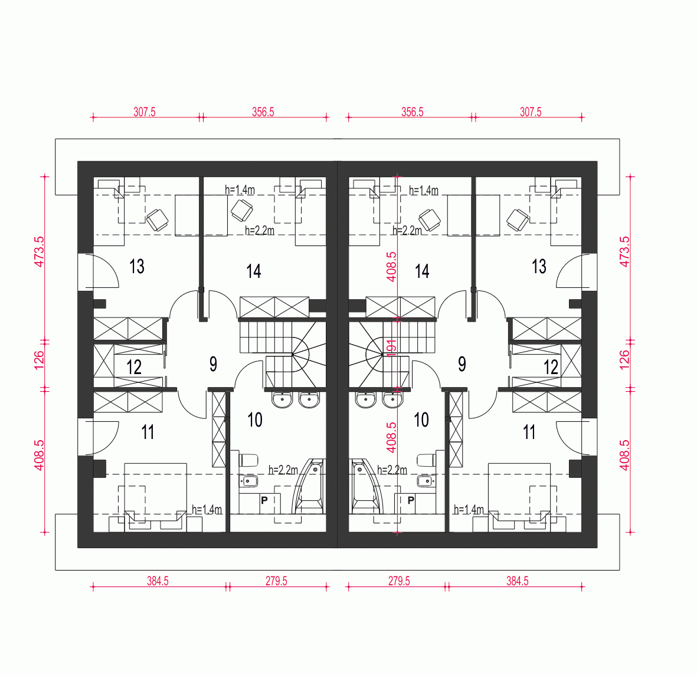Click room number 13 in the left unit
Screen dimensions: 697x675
(x=137, y=267)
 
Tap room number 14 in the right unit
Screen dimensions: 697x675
(x=422, y=271)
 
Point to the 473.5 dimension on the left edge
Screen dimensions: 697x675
(x=39, y=252)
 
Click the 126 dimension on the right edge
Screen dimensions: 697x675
(x=624, y=360)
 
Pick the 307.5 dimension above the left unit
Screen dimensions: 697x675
(x=145, y=112)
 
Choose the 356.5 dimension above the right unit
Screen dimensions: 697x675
(x=412, y=112)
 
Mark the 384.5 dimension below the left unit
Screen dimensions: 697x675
(x=158, y=581)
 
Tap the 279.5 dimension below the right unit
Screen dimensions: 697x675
(x=399, y=581)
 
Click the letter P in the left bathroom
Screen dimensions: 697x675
(x=264, y=500)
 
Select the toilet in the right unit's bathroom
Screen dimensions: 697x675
(x=427, y=460)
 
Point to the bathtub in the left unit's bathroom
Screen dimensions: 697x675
(x=308, y=487)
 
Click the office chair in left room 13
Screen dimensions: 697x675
(x=158, y=219)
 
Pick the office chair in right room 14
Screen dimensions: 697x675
(x=430, y=219)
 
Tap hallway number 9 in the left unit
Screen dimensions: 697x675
(x=214, y=365)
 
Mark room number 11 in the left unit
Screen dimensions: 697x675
(x=148, y=432)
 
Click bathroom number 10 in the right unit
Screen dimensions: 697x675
(x=421, y=420)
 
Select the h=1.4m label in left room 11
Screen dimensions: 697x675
(x=207, y=510)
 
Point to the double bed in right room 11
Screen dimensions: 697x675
(x=519, y=498)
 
